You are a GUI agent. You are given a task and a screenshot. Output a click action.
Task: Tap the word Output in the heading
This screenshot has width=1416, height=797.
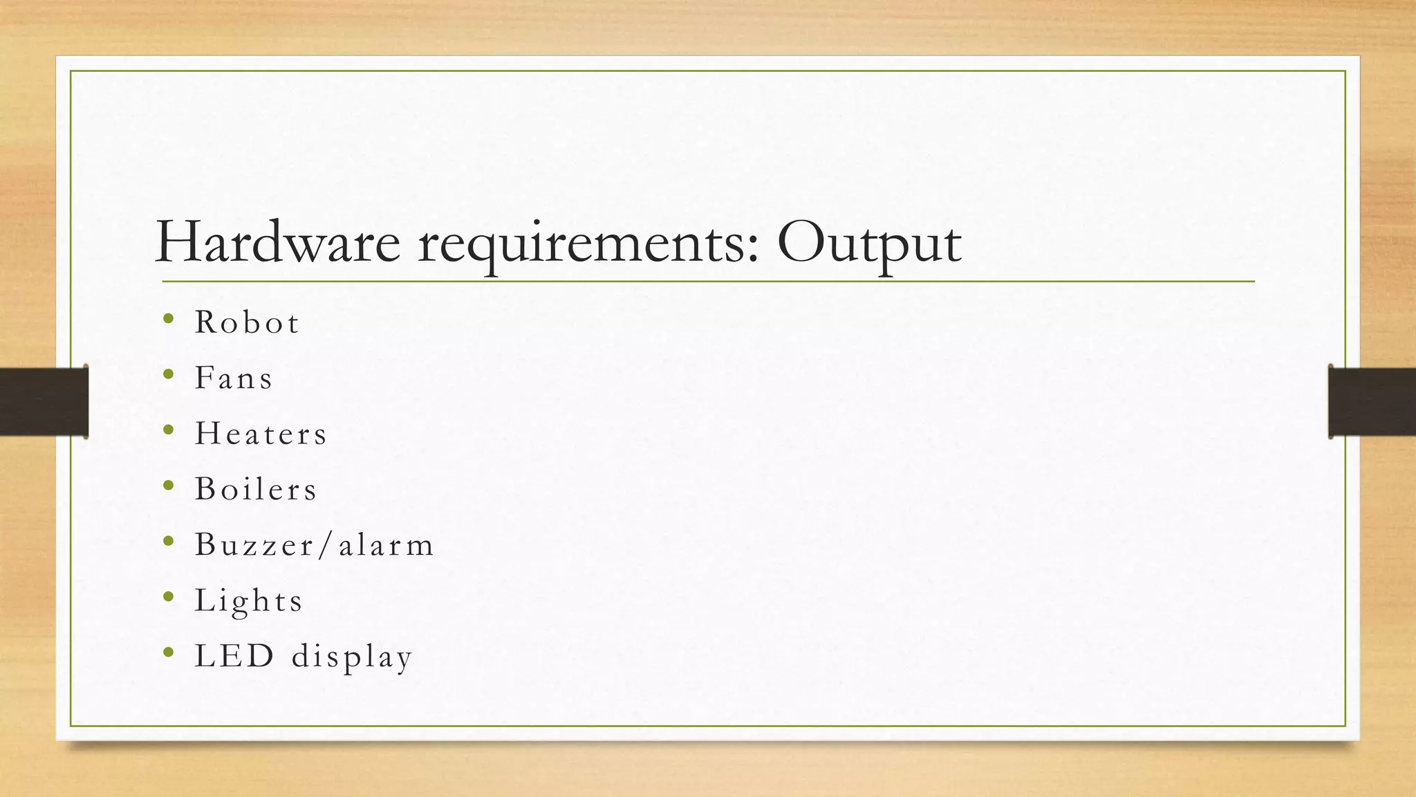click(x=868, y=244)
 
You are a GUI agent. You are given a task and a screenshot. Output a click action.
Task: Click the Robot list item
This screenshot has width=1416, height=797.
click(x=247, y=322)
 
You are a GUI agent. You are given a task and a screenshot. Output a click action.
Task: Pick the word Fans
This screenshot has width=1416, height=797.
click(x=234, y=378)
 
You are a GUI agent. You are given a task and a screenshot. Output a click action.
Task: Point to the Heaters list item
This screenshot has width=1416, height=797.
click(x=261, y=434)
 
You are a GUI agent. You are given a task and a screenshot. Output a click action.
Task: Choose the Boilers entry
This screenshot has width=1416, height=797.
click(x=256, y=489)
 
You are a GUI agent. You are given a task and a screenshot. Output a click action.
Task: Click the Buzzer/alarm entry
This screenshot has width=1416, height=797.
click(x=315, y=544)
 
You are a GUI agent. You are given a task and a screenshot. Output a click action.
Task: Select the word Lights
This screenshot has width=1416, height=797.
click(x=249, y=601)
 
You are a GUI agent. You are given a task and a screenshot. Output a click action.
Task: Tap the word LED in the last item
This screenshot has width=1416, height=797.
click(x=234, y=655)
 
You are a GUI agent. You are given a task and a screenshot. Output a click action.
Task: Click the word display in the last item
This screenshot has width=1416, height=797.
click(x=352, y=657)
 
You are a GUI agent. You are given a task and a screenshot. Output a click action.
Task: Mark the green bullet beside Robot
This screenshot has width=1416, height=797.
click(x=169, y=319)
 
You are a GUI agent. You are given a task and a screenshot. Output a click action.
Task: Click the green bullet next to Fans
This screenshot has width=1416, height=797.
click(x=169, y=374)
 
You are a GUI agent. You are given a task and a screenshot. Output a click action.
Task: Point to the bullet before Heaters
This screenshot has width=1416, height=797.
click(x=169, y=430)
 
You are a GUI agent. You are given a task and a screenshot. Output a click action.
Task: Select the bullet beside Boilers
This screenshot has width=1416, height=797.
click(x=169, y=486)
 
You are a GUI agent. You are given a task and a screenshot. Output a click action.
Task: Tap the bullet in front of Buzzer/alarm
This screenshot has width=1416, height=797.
click(x=169, y=541)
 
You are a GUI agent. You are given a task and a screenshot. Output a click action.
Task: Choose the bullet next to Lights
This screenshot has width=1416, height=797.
click(x=169, y=596)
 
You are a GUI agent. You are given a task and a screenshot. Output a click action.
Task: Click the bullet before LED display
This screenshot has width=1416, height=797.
click(x=169, y=652)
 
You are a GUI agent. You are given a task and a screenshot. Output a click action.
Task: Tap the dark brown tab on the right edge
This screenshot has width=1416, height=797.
click(x=1372, y=401)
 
